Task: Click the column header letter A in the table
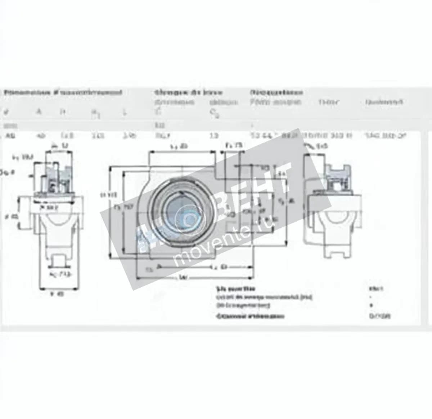[40, 112]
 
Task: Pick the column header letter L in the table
[125, 112]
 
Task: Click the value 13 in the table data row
[214, 136]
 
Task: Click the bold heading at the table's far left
[63, 92]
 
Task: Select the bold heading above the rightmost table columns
[276, 92]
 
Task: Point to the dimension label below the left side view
[58, 294]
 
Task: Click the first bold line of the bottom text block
[235, 288]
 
